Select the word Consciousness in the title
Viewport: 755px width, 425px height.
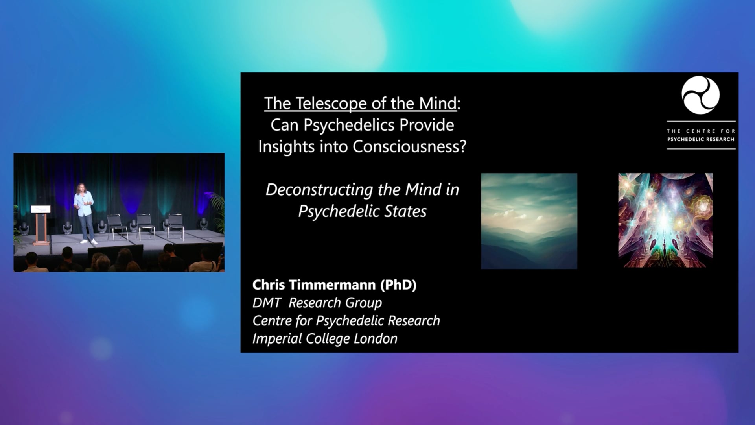click(x=409, y=146)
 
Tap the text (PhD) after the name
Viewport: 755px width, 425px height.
click(x=398, y=285)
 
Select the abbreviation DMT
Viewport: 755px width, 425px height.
click(x=267, y=303)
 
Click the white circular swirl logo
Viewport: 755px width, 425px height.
click(x=701, y=95)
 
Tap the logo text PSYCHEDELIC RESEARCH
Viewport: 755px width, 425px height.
click(x=701, y=139)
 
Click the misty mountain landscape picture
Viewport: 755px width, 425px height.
click(x=529, y=221)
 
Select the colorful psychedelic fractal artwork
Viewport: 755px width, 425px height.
click(x=665, y=220)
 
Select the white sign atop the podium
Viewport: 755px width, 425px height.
click(x=41, y=209)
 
